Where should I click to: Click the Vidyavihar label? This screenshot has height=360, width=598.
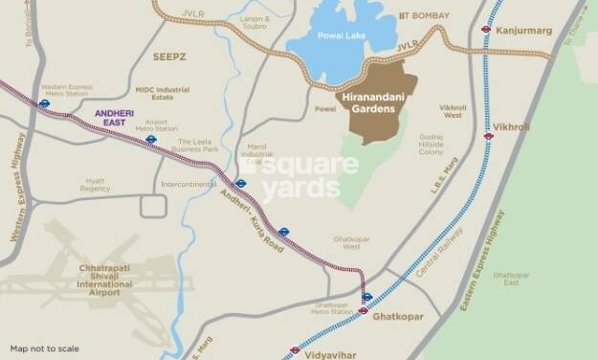pos(327,353)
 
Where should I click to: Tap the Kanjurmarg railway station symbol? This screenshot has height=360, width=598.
pos(487,30)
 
